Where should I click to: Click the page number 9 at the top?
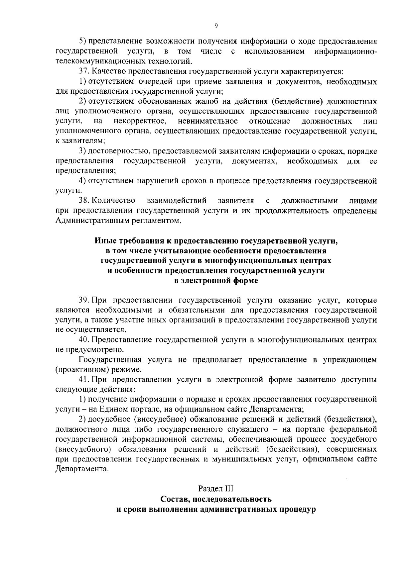[216, 26]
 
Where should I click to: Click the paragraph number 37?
[83, 71]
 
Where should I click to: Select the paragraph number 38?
[83, 201]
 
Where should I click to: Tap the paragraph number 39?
[83, 300]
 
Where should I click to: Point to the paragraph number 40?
[83, 340]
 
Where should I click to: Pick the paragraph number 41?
[83, 379]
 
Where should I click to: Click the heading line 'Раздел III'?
[216, 489]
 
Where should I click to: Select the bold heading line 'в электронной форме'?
[216, 280]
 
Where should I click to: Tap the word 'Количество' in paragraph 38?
[113, 201]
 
